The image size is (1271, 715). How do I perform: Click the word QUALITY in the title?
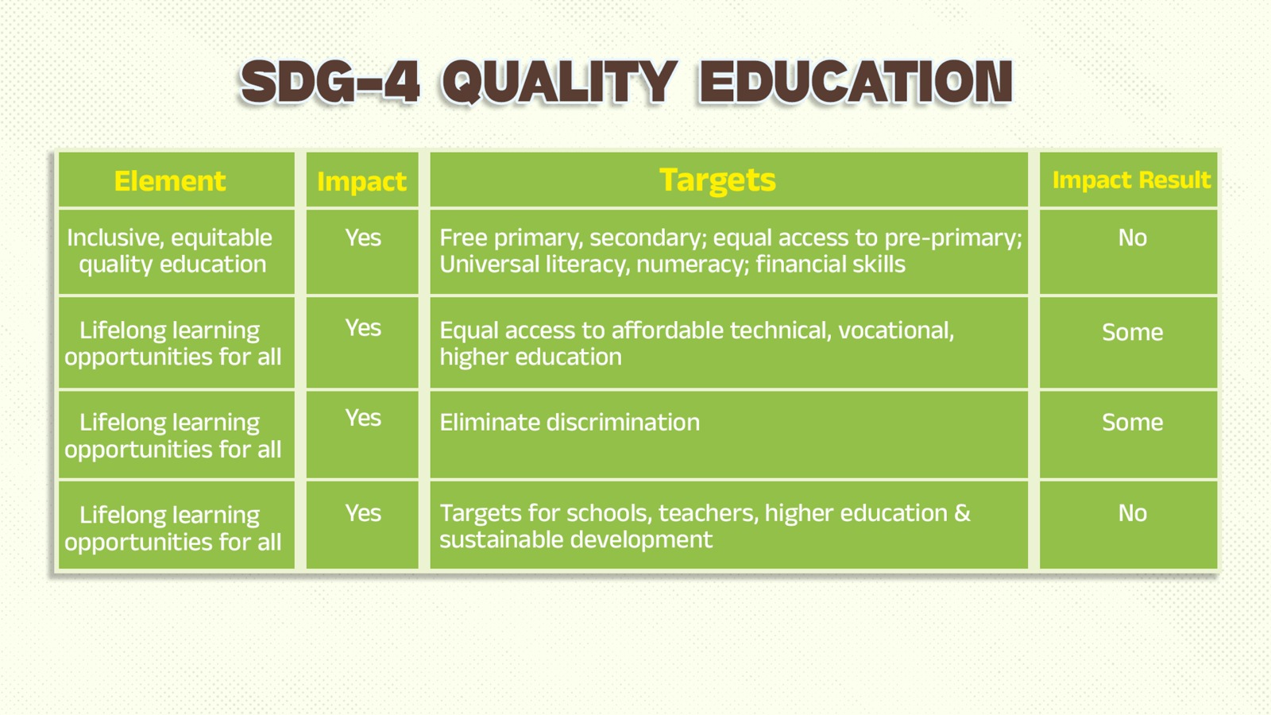559,83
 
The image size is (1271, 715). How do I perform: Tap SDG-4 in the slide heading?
330,83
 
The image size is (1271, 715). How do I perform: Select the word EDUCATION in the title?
856,83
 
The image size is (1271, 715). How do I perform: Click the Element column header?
170,182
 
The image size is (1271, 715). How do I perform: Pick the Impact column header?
362,182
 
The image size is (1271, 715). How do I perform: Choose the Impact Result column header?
1131,180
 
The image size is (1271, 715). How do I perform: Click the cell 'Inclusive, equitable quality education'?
170,251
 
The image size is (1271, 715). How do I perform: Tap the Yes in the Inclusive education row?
363,238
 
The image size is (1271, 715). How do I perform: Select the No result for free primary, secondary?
1132,238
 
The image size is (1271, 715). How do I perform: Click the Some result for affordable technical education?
1132,332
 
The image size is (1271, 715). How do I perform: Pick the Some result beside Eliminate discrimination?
1132,422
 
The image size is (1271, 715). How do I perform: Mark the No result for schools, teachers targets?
1132,513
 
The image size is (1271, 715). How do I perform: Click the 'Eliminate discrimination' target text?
570,423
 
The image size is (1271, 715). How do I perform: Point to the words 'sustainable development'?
576,539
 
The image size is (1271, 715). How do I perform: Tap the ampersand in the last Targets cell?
962,513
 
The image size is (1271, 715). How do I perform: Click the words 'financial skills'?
831,265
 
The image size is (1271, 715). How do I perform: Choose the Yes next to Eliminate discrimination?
363,418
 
